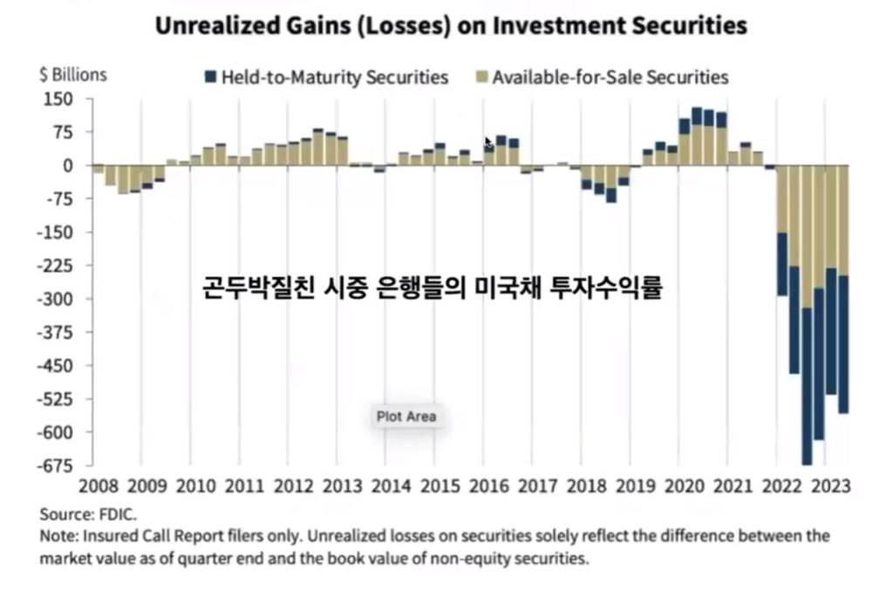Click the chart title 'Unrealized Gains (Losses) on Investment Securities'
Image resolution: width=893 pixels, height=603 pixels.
point(451,24)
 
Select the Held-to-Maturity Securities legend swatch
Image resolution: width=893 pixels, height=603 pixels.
point(210,77)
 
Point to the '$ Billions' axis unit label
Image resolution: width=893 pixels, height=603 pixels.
point(73,74)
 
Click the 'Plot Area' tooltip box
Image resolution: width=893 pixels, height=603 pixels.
point(406,417)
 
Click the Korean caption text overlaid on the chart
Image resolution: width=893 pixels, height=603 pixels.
point(433,288)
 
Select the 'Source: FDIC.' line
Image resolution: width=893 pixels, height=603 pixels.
point(88,513)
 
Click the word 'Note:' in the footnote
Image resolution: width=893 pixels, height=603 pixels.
point(58,535)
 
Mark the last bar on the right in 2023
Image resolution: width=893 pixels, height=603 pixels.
point(843,288)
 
